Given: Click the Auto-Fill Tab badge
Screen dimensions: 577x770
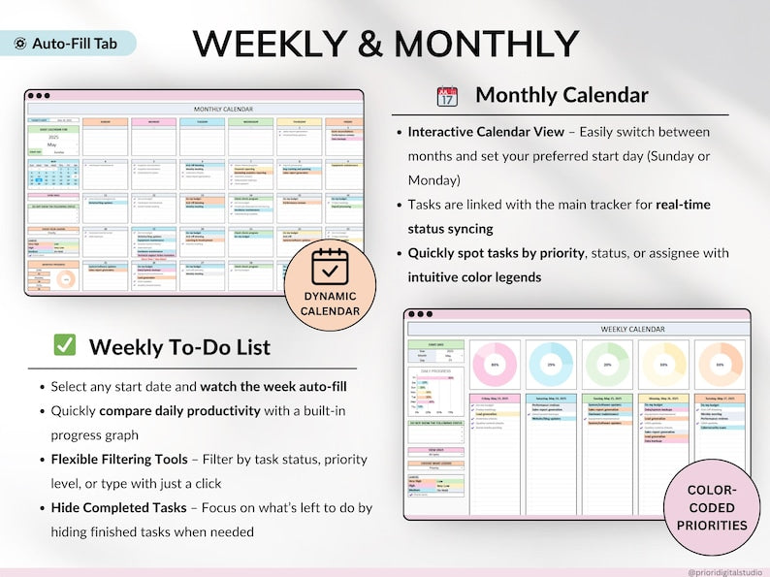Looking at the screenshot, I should [x=68, y=44].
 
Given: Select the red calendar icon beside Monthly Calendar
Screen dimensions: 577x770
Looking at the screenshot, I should [x=447, y=95].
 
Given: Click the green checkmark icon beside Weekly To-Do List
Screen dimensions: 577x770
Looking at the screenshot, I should [x=65, y=346].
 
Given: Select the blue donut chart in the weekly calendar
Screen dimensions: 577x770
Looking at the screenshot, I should [x=551, y=365].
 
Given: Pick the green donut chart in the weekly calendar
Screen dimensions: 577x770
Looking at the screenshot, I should [x=607, y=365].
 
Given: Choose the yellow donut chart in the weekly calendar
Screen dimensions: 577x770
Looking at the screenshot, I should [x=664, y=365].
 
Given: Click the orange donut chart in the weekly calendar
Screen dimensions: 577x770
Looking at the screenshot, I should [x=721, y=365].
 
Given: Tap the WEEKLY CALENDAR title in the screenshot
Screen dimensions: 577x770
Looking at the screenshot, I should [x=632, y=330].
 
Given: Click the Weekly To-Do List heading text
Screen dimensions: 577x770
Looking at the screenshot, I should [x=179, y=346].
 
